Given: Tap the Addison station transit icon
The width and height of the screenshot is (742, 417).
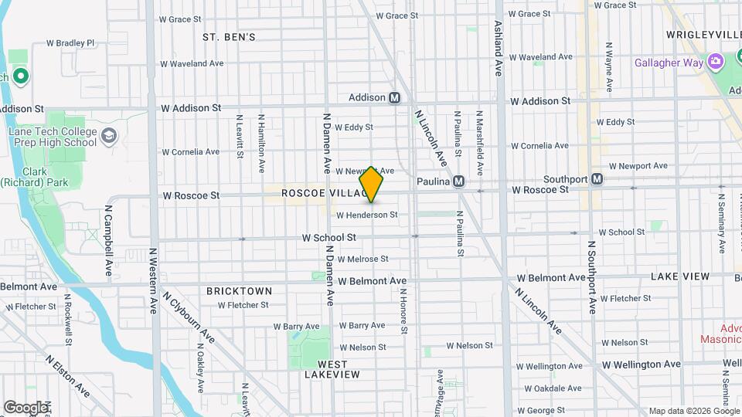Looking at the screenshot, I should point(395,98).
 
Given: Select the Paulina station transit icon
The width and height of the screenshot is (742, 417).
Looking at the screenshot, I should point(458,181).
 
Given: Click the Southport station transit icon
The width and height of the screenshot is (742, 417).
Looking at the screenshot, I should point(597,179).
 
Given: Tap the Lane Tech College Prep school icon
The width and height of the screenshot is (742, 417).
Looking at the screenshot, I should point(110,137).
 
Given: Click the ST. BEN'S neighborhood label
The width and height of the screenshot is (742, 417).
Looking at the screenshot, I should point(229,36).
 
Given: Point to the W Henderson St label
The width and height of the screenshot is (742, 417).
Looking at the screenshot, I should point(366,215).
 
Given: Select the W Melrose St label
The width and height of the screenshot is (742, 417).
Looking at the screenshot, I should point(362,259).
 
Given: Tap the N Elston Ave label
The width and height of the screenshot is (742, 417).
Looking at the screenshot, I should point(68,375).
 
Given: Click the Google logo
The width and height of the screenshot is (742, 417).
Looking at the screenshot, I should point(26,407).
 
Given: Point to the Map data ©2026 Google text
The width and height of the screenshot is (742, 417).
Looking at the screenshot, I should point(693,411).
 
